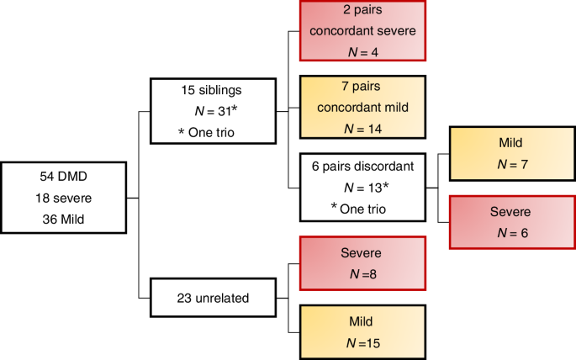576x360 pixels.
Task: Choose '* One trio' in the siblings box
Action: (207, 132)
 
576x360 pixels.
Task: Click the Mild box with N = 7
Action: (510, 154)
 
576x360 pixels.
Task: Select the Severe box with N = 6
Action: (510, 221)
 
